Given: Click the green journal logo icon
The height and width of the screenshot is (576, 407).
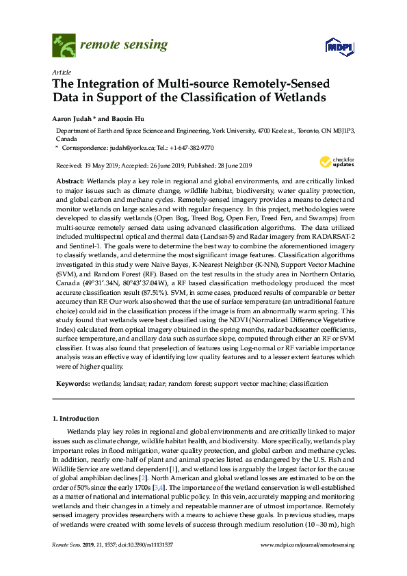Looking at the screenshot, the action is point(64,47).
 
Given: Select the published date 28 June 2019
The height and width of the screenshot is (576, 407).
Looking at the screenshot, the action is point(229,165).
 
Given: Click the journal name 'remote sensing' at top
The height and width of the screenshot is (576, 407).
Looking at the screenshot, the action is point(123,46).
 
